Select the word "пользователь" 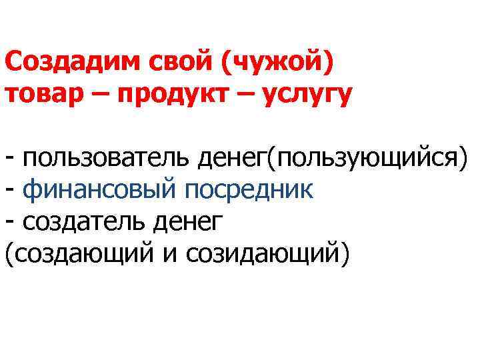pyautogui.click(x=105, y=160)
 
